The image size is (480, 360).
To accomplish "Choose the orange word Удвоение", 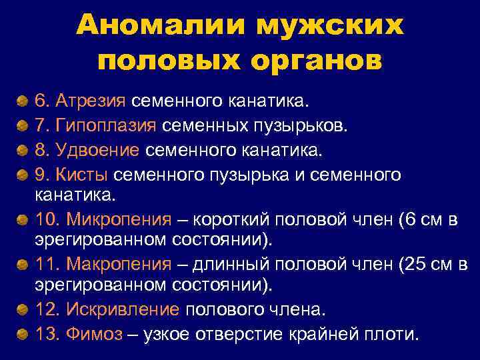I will click(x=97, y=151).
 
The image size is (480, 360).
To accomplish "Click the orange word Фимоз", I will click(x=94, y=333).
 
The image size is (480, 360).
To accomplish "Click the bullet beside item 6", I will click(x=23, y=102).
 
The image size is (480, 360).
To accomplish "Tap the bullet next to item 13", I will click(x=23, y=334).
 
